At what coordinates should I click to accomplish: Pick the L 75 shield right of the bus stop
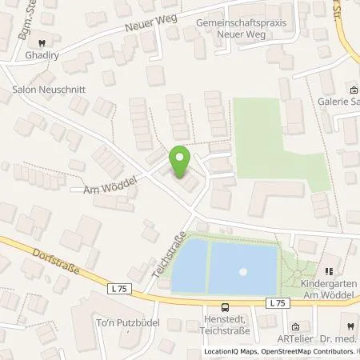point(277,302)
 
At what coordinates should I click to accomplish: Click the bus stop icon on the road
point(226,306)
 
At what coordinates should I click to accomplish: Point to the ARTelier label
point(313,338)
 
